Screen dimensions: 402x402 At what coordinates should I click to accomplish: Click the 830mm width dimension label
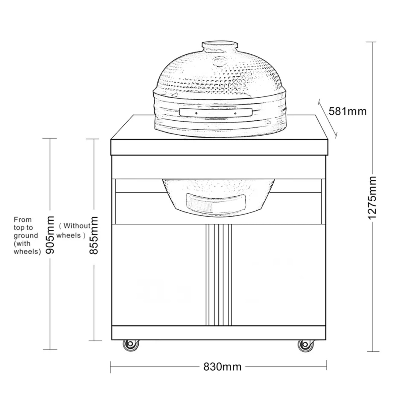pyautogui.click(x=222, y=366)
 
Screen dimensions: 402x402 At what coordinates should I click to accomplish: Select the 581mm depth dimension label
pyautogui.click(x=348, y=111)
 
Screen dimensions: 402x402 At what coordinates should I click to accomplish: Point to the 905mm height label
pyautogui.click(x=50, y=235)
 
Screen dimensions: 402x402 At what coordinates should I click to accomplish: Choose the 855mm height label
pyautogui.click(x=94, y=235)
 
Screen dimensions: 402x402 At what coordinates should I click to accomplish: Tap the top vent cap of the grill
pyautogui.click(x=219, y=46)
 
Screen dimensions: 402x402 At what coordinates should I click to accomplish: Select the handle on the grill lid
pyautogui.click(x=216, y=113)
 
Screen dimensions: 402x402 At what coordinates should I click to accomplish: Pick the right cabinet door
pyautogui.click(x=279, y=275)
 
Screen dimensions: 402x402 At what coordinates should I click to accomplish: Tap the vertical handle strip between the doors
pyautogui.click(x=219, y=275)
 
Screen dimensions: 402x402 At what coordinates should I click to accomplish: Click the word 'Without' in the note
pyautogui.click(x=77, y=226)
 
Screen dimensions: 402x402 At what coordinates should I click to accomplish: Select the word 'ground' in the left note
pyautogui.click(x=26, y=236)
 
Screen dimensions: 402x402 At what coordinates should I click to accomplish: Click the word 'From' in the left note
pyautogui.click(x=23, y=220)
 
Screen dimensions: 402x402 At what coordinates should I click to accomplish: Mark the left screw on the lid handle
pyautogui.click(x=196, y=113)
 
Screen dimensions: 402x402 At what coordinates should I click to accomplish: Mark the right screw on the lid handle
pyautogui.click(x=235, y=113)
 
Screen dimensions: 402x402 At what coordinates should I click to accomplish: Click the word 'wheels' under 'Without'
pyautogui.click(x=69, y=235)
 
